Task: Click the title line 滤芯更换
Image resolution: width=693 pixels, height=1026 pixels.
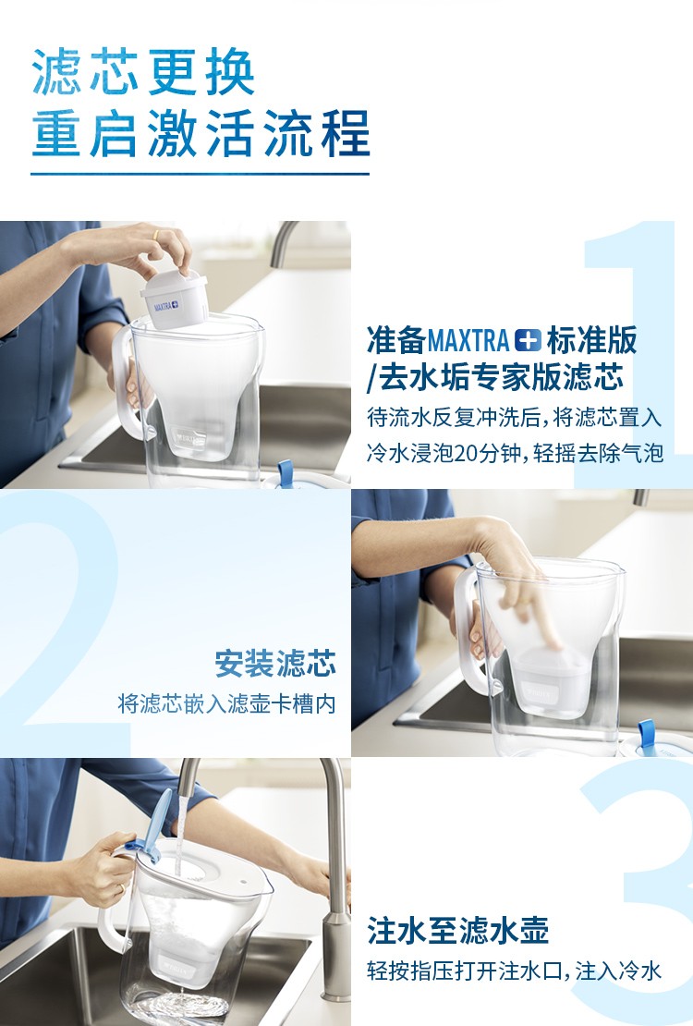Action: (142, 72)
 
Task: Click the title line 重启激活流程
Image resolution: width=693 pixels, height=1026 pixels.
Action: (201, 133)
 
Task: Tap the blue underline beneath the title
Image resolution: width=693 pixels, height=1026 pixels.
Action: (200, 174)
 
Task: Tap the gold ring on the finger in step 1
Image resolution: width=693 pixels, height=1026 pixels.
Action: (155, 234)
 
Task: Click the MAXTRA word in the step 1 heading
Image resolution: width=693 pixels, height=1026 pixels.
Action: (468, 340)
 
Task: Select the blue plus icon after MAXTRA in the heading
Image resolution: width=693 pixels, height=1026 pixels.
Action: (528, 340)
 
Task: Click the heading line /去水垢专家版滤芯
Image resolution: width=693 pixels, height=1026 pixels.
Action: (495, 377)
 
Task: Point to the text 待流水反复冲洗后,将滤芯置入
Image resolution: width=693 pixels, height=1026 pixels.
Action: (515, 418)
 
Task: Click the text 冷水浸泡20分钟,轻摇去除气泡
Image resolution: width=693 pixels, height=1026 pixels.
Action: (515, 453)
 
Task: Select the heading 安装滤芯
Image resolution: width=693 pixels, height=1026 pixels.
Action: (275, 664)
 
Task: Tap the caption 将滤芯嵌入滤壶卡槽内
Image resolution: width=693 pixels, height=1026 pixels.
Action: (226, 704)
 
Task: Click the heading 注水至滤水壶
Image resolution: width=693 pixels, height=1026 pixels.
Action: (457, 930)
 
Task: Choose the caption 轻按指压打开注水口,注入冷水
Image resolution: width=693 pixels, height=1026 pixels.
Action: (515, 971)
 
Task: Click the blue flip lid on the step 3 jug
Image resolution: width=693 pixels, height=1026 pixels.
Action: (151, 825)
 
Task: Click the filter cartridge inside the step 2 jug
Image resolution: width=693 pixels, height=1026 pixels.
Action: (545, 680)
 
